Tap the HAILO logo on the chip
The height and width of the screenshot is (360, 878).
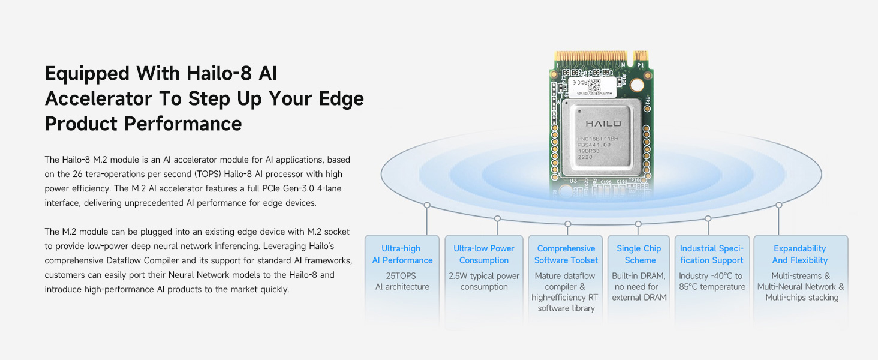pyautogui.click(x=603, y=124)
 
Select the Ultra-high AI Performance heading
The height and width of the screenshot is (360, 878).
pyautogui.click(x=402, y=254)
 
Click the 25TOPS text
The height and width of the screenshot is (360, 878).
pyautogui.click(x=402, y=276)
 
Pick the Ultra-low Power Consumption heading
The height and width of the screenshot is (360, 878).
pyautogui.click(x=484, y=254)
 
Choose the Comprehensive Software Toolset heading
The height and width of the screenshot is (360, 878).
pyautogui.click(x=566, y=254)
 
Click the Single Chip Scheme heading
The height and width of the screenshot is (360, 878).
pyautogui.click(x=639, y=254)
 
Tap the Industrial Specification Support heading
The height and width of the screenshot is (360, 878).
pyautogui.click(x=712, y=254)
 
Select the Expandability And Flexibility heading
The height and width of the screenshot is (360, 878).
pyautogui.click(x=800, y=254)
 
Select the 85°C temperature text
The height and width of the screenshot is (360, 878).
pyautogui.click(x=712, y=287)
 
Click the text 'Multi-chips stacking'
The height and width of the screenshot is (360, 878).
pyautogui.click(x=802, y=298)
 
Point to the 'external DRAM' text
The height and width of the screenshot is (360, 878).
pyautogui.click(x=639, y=298)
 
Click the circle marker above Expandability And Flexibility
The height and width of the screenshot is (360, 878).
pyautogui.click(x=778, y=205)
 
